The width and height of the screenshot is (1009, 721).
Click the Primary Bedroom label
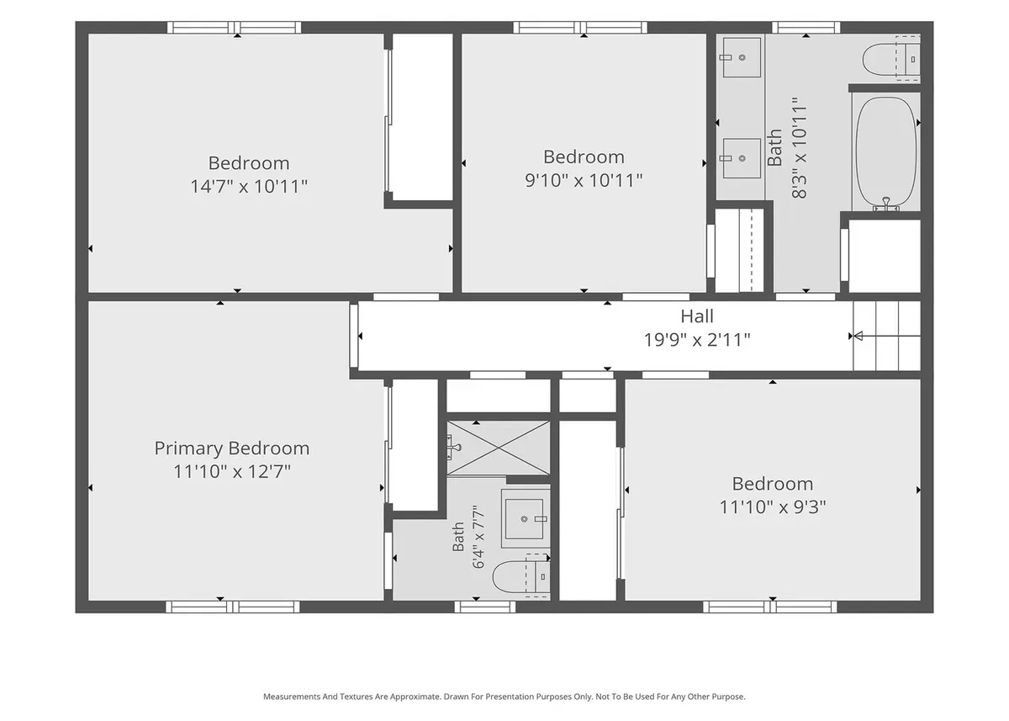(x=232, y=448)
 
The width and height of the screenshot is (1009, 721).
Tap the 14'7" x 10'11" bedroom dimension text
(x=249, y=186)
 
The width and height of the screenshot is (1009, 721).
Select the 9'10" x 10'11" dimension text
(x=584, y=180)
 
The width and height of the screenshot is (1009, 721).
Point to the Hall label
(x=697, y=316)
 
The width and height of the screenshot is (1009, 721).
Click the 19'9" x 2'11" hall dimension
(x=697, y=340)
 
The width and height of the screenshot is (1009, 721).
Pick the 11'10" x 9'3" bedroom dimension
(x=773, y=507)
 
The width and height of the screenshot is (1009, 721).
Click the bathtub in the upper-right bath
(x=885, y=154)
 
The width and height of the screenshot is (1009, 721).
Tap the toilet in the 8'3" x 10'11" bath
(x=891, y=59)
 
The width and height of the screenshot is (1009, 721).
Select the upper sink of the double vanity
(x=742, y=57)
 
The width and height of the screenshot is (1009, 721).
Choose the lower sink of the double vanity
(x=742, y=158)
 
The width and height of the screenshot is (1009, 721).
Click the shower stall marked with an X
(x=498, y=448)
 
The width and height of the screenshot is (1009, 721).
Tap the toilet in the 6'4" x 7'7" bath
(x=521, y=576)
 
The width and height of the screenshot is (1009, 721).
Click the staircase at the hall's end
(x=886, y=336)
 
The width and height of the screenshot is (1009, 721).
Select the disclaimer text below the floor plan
(x=504, y=697)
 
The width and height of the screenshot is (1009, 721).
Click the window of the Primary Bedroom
(x=232, y=607)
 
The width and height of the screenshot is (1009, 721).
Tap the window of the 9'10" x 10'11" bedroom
(x=580, y=28)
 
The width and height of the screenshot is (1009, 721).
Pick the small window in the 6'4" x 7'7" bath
(x=484, y=607)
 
